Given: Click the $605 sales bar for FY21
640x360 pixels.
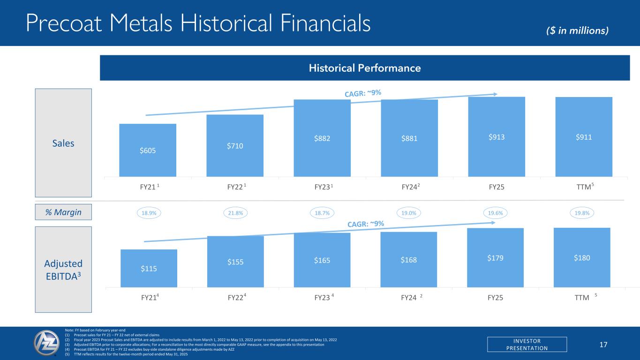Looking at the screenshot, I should point(148,150).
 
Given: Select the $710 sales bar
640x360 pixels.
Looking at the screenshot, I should point(234,145).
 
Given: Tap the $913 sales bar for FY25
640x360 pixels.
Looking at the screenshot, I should point(497,136).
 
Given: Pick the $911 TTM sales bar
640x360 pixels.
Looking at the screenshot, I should point(584,137).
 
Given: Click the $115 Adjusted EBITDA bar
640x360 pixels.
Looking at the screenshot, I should point(149,268).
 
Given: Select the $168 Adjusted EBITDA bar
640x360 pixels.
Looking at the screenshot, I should point(408,259).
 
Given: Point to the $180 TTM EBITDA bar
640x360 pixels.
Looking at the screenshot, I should point(582,257).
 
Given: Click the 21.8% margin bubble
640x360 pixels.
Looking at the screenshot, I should point(235,213).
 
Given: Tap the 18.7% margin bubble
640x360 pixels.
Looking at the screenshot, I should point(322,213).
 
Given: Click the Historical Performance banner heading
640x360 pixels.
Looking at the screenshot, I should point(364,68).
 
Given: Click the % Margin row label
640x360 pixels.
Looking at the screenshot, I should point(63,212).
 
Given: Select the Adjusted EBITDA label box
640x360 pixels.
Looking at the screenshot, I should point(63,269).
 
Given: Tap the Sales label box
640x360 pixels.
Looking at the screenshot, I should point(63,143).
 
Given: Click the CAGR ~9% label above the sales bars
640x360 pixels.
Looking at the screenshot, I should point(363,94).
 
